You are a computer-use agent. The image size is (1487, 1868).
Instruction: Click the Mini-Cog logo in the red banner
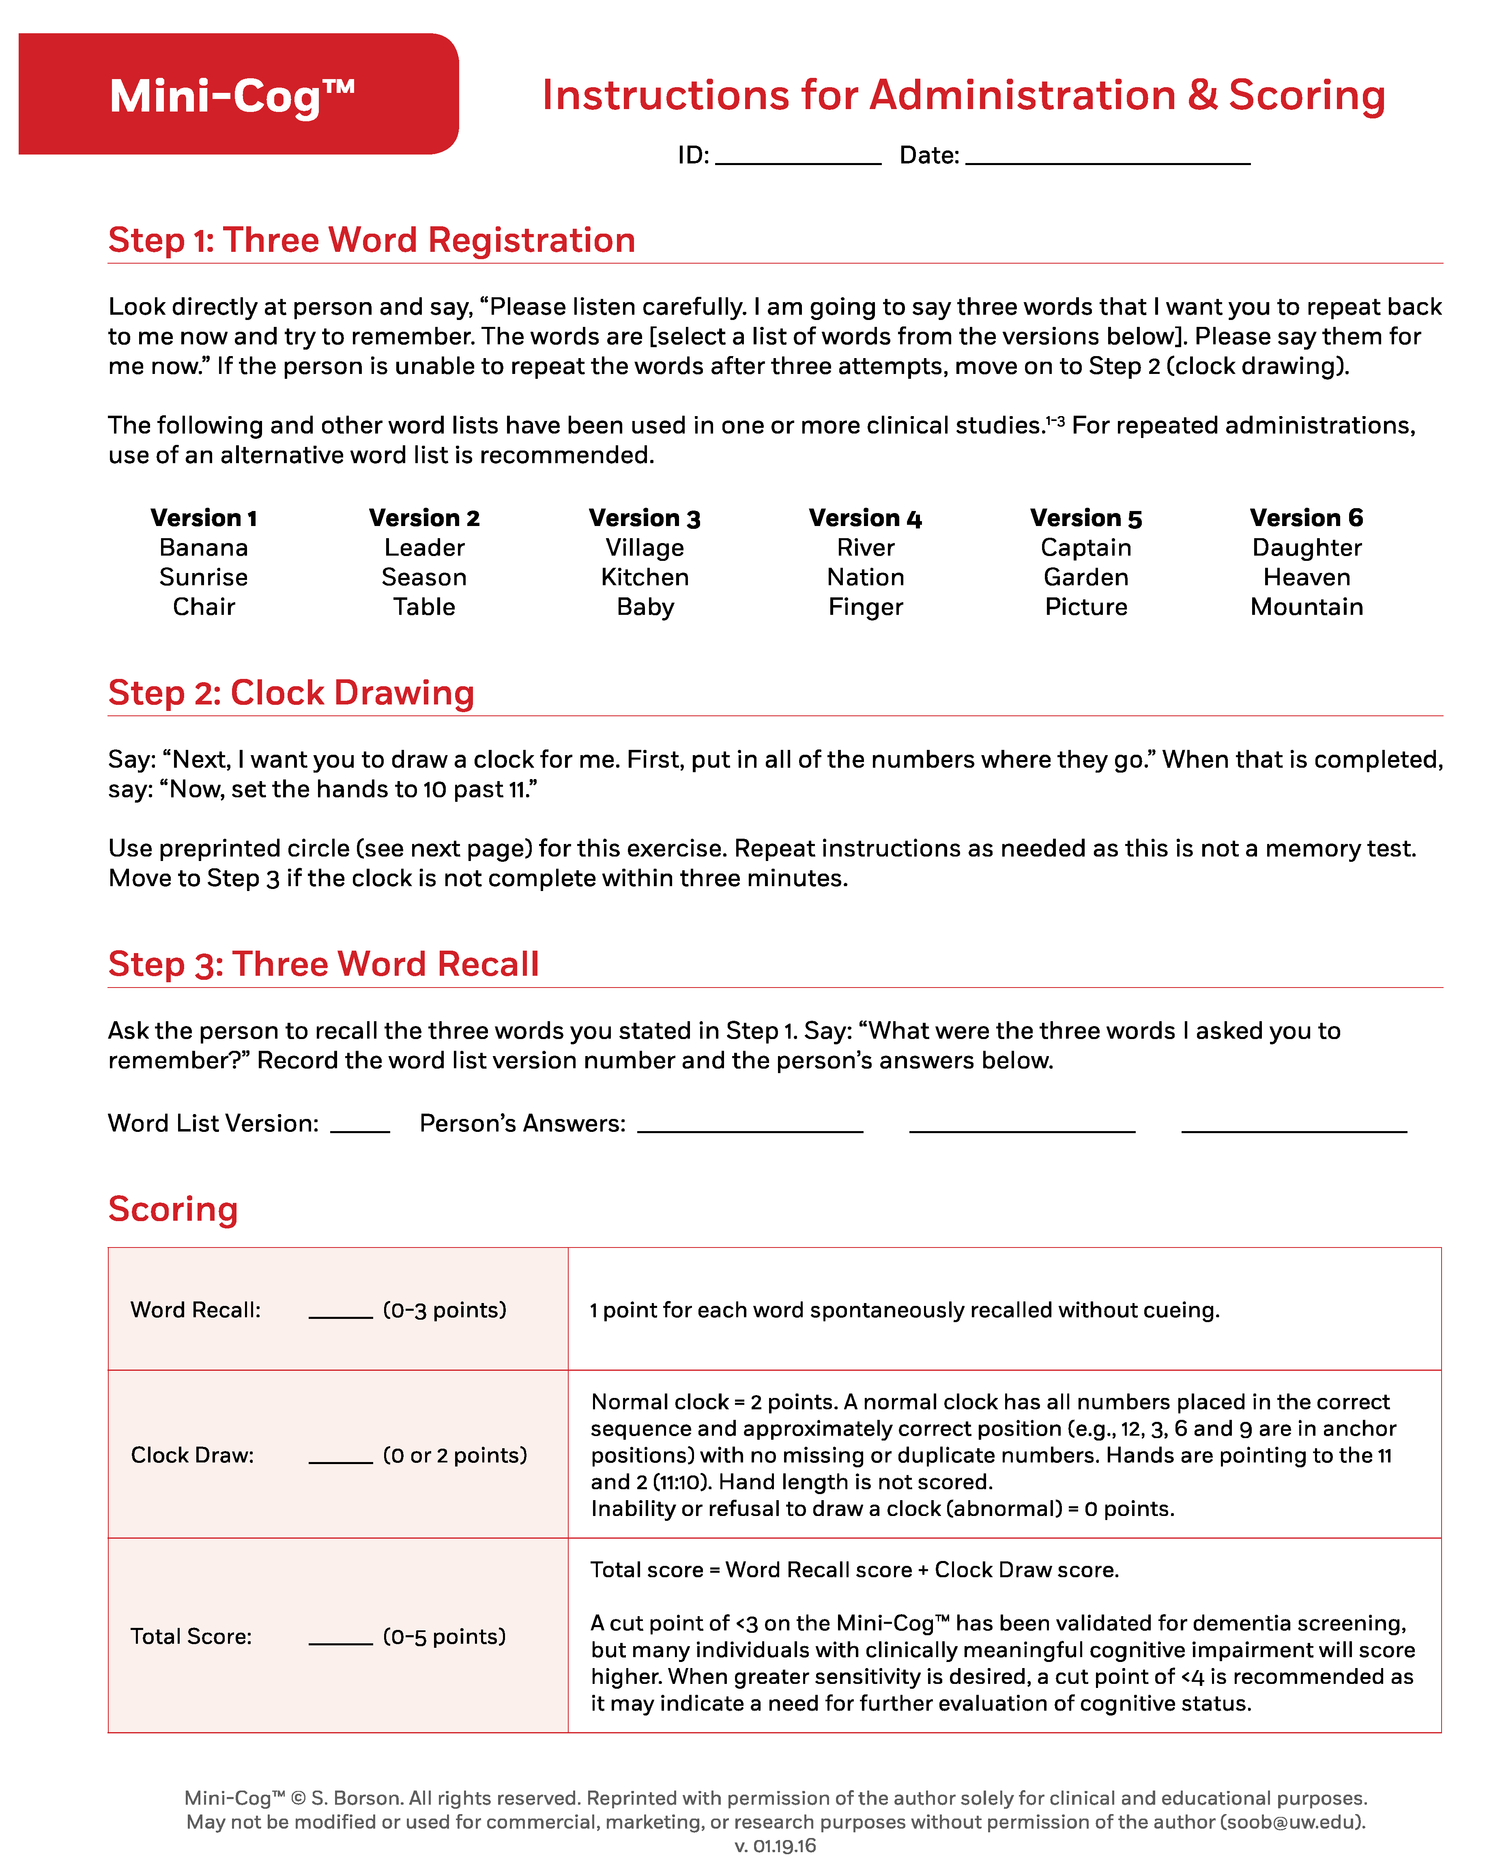232,95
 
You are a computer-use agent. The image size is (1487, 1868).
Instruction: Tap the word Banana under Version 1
204,548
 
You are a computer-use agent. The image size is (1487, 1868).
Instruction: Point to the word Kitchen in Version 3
645,577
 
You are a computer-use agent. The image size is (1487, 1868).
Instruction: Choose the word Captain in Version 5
1086,548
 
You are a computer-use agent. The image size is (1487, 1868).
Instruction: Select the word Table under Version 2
424,606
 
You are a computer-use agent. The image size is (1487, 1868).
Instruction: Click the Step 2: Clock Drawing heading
291,693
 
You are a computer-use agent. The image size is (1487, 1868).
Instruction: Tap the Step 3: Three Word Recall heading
323,964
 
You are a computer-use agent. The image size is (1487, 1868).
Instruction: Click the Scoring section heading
173,1209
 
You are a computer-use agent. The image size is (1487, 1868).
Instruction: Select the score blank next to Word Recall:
341,1312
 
